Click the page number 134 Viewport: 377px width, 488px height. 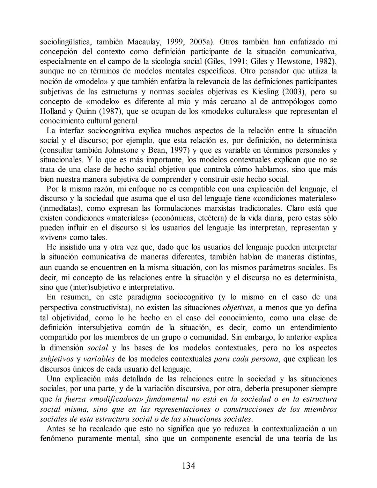coord(188,465)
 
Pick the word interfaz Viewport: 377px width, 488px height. coord(72,131)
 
